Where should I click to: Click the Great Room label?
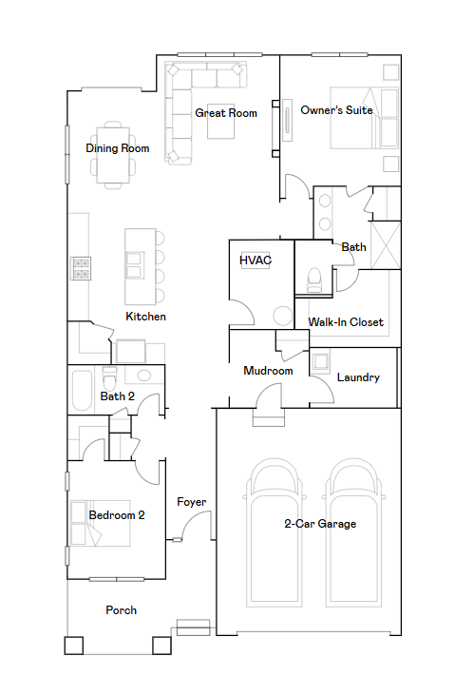coord(226,113)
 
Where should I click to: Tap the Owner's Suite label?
coord(336,110)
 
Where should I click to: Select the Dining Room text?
coord(118,148)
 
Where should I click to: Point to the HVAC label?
coord(255,260)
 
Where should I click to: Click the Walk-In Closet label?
coord(346,322)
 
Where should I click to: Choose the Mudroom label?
coord(268,371)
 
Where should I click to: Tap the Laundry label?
coord(358,377)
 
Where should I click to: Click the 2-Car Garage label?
coord(320,524)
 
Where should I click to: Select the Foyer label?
coord(192,502)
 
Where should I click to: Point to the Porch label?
coord(121,610)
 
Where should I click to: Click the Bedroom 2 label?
coord(117,515)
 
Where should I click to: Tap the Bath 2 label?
coord(118,396)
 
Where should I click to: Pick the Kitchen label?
coord(146,317)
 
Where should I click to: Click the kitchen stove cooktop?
coord(82,269)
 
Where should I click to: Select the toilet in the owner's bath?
coord(314,279)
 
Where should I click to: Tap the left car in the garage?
coord(275,532)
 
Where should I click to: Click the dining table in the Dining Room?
coord(114,152)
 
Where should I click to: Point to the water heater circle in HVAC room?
coord(282,317)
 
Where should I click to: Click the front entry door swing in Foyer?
coord(195,526)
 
